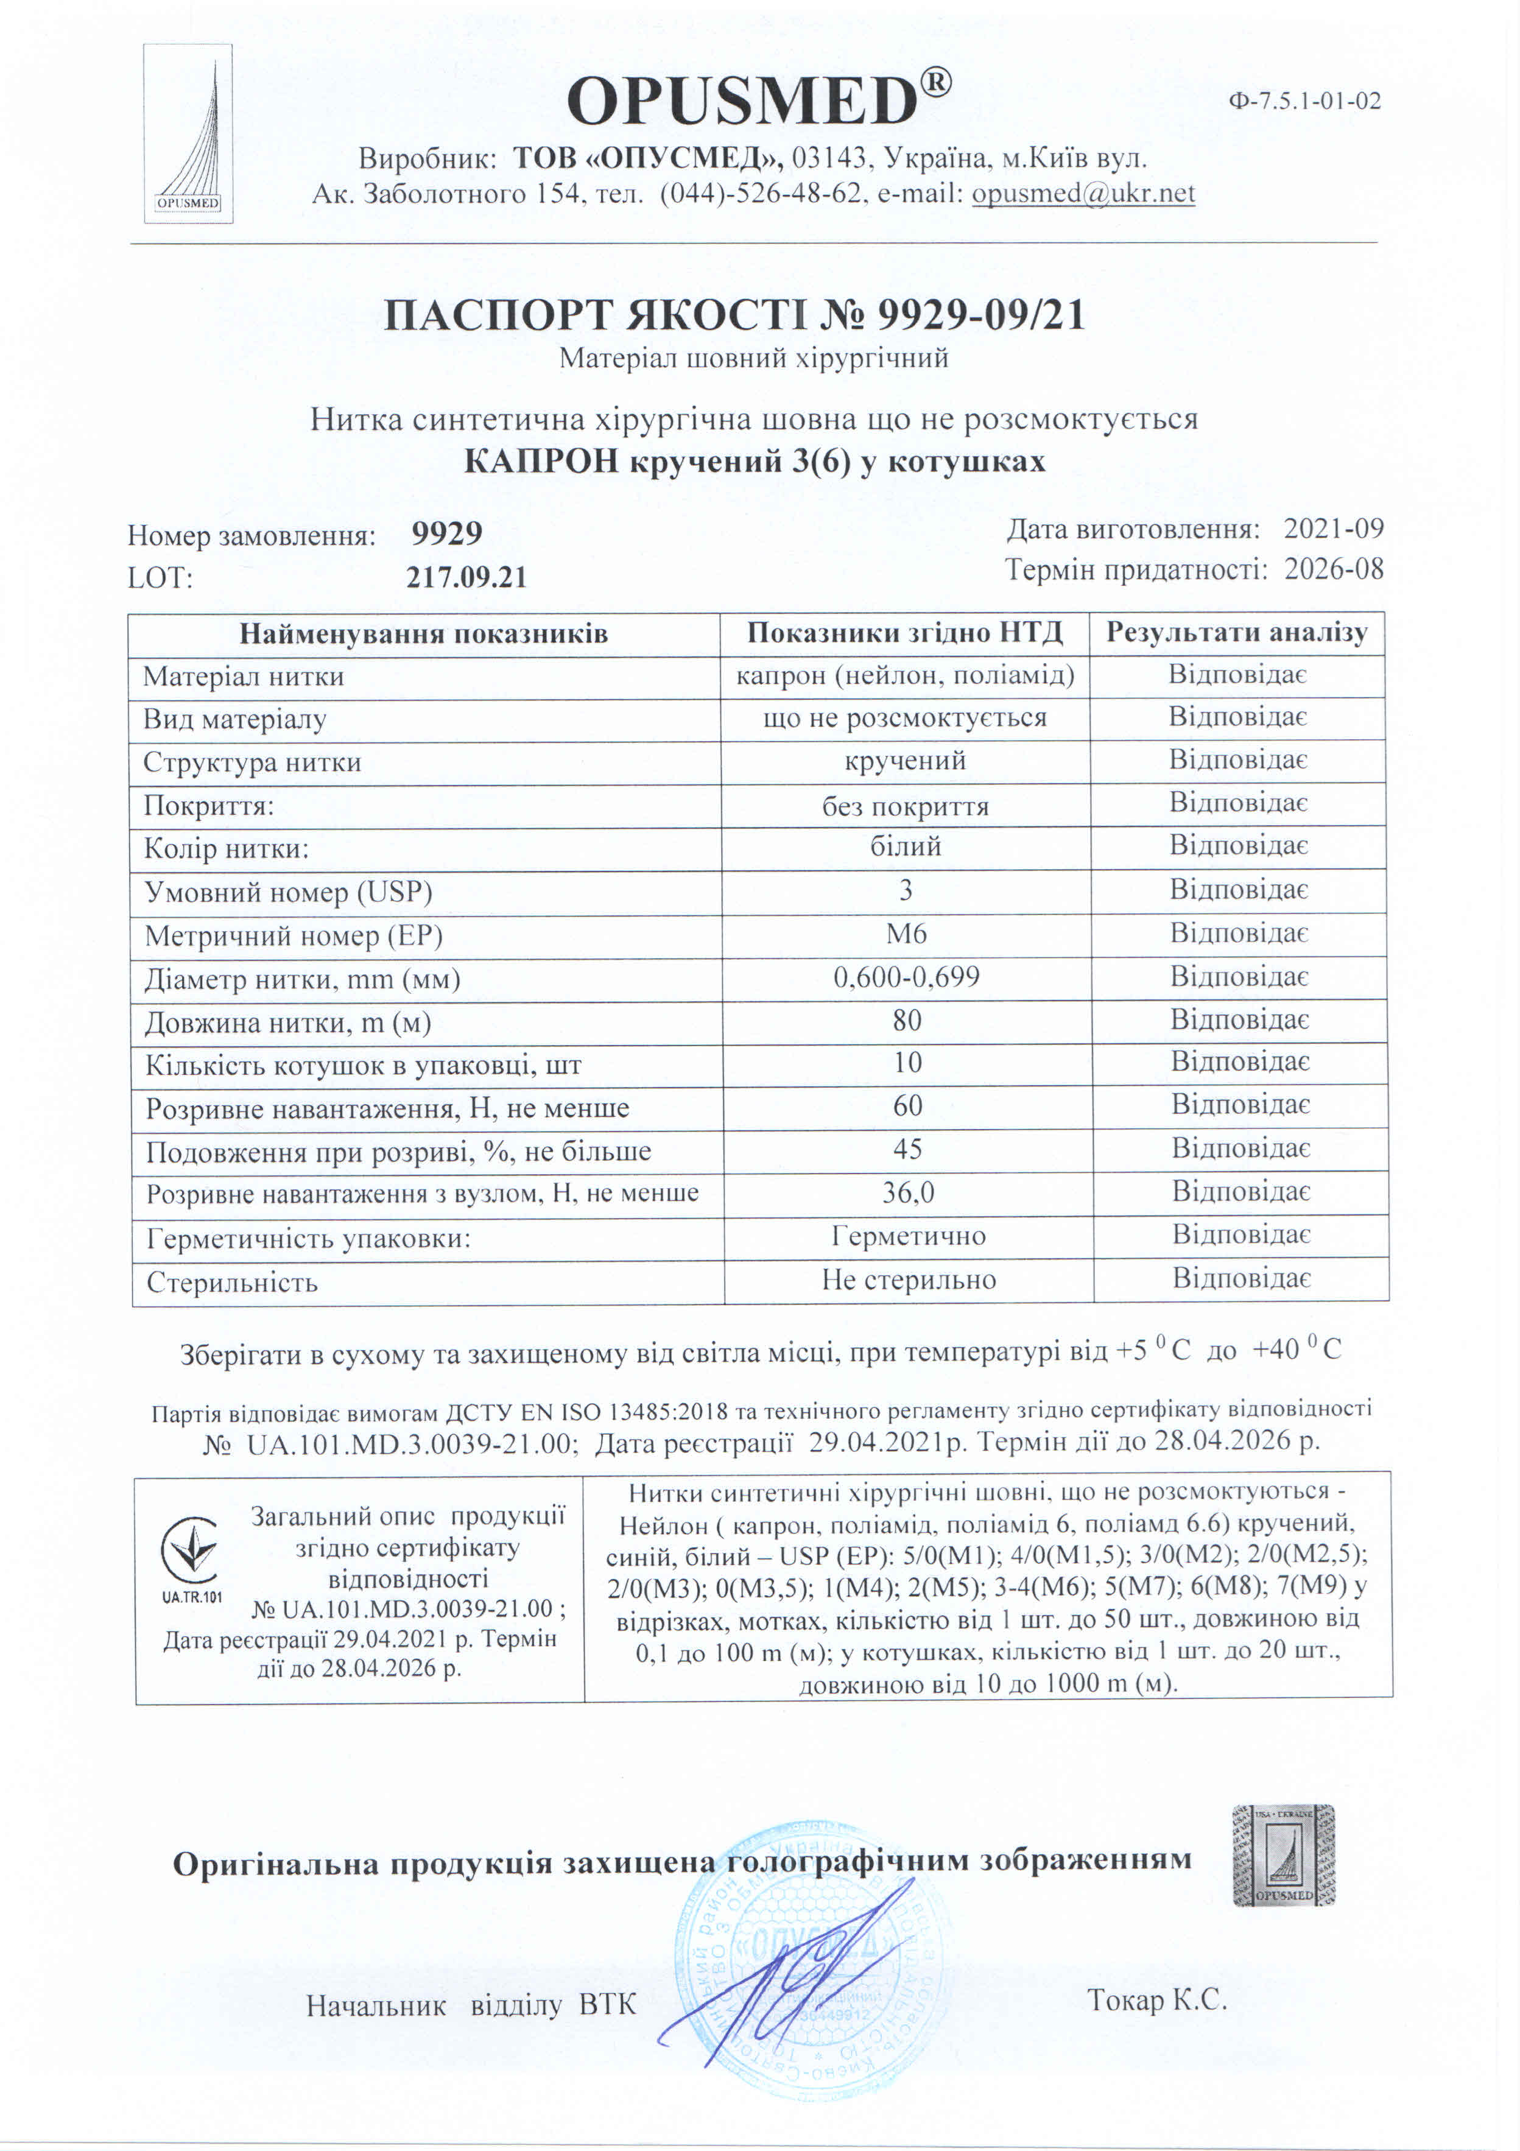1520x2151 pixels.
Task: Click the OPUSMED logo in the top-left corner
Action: click(x=188, y=134)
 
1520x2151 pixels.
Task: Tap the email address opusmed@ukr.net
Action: click(x=1083, y=194)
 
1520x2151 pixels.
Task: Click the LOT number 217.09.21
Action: click(x=466, y=577)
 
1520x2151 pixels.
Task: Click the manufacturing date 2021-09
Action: click(x=1332, y=529)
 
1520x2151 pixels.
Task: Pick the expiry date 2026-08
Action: click(x=1332, y=569)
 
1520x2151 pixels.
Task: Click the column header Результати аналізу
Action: click(x=1236, y=633)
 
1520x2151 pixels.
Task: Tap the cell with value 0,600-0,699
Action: click(x=906, y=977)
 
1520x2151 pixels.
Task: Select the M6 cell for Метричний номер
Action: click(x=906, y=934)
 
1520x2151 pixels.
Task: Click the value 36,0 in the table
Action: click(x=907, y=1192)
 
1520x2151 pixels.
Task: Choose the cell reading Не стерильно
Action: click(x=909, y=1280)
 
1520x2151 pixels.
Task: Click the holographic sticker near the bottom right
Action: click(x=1283, y=1856)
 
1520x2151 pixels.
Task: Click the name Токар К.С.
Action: click(x=1156, y=2000)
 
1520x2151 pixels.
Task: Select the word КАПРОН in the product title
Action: click(x=541, y=462)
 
